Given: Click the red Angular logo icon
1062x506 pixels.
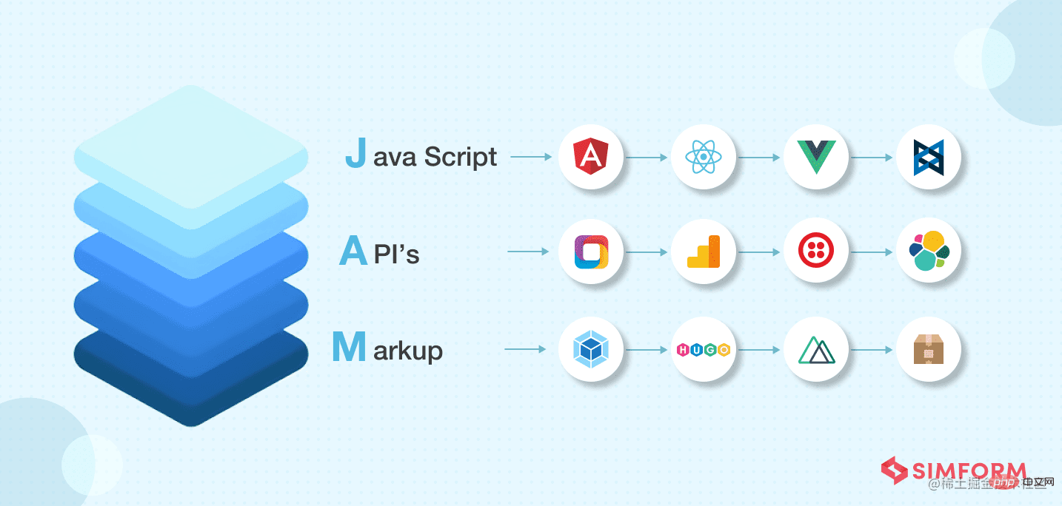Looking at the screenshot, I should coord(591,157).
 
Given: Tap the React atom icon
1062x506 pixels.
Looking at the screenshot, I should coord(703,157).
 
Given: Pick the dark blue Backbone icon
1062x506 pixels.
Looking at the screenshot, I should coord(928,157).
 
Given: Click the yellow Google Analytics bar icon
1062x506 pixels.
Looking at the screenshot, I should coord(703,252).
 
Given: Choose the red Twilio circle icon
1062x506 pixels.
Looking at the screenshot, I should coord(815,252).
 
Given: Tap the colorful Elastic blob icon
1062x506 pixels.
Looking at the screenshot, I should coord(928,252).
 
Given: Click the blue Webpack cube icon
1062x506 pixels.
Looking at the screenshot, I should coord(591,349).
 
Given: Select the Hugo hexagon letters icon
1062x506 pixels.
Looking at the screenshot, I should coord(703,349).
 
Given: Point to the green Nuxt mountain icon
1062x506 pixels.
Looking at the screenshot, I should coord(815,349).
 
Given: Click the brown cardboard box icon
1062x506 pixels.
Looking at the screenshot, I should coord(928,349).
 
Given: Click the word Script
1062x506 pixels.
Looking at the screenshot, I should coord(460,157).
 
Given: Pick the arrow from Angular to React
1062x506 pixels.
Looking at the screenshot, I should coord(647,157).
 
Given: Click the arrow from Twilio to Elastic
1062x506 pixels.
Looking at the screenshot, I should coord(872,252).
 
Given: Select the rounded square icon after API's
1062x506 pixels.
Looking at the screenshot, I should coord(591,252).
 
